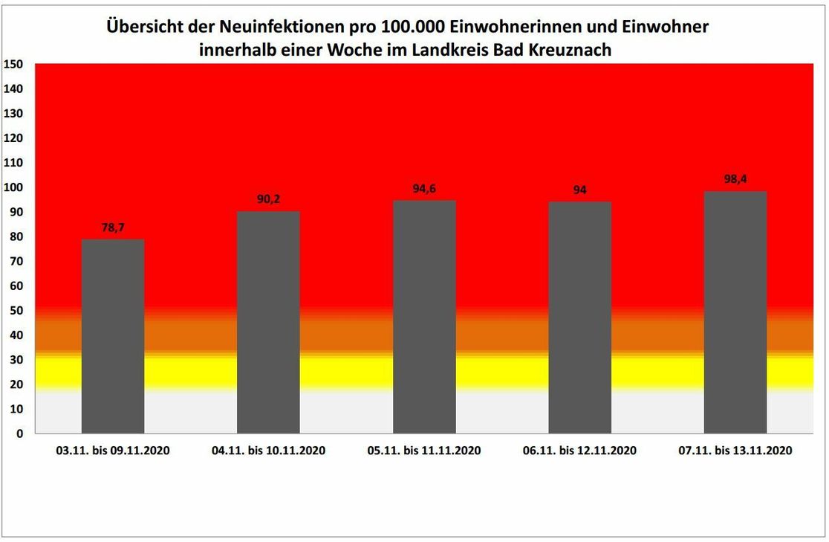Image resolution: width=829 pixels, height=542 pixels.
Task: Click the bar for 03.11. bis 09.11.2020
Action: tap(113, 336)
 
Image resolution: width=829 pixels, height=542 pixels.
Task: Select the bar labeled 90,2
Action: tap(268, 322)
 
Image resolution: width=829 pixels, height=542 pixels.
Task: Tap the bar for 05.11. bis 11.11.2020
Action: tap(424, 317)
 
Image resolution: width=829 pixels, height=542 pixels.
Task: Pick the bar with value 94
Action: tap(579, 317)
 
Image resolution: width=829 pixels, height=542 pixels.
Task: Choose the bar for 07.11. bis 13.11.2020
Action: tap(735, 312)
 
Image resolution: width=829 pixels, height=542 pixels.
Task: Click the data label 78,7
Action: tap(113, 228)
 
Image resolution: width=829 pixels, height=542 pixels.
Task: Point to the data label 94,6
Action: tap(424, 189)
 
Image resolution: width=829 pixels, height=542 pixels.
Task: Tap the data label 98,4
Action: tap(735, 179)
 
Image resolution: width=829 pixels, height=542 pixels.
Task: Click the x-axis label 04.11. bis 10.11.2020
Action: tap(268, 451)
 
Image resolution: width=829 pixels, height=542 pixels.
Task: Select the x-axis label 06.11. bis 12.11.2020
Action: tap(579, 451)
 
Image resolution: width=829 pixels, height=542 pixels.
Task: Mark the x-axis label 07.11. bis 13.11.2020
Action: tap(735, 451)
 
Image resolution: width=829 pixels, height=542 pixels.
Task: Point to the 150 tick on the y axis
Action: tap(13, 65)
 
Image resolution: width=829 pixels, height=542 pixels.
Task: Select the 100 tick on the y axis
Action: tap(13, 187)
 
